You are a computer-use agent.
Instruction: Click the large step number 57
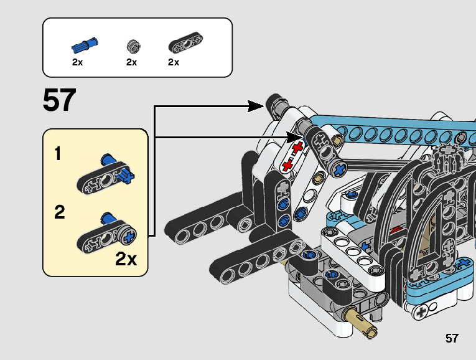[x=59, y=100]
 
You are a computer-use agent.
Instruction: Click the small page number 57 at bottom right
[x=452, y=338]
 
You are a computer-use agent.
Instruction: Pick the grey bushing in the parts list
[x=134, y=46]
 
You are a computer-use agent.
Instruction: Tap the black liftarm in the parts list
[x=186, y=42]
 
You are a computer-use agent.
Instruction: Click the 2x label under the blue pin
[x=77, y=62]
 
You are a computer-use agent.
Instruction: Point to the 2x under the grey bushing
[x=131, y=62]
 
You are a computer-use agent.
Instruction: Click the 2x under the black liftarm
[x=174, y=62]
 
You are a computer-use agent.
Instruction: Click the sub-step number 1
[x=58, y=153]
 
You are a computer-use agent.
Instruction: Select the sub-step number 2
[x=60, y=212]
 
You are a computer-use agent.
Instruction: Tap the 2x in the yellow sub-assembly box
[x=126, y=259]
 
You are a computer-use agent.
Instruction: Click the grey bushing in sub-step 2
[x=127, y=235]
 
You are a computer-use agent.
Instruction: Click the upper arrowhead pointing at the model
[x=256, y=107]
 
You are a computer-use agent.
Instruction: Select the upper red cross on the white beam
[x=297, y=148]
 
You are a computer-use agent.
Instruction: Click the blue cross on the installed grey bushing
[x=340, y=170]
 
